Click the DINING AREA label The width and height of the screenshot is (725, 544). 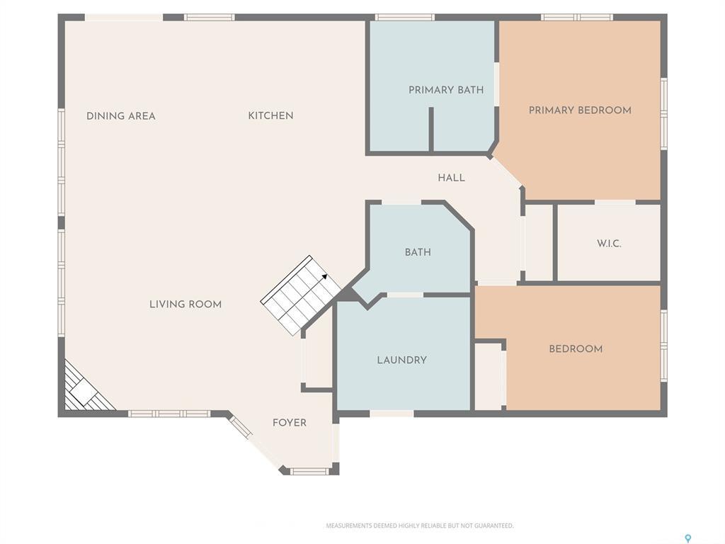(x=121, y=116)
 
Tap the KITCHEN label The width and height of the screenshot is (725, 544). (x=270, y=115)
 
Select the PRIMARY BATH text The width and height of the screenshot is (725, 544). (x=446, y=90)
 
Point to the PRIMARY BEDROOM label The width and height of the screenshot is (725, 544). (x=580, y=110)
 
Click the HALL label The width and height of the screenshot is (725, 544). (x=451, y=178)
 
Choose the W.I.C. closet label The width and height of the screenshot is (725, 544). (x=608, y=244)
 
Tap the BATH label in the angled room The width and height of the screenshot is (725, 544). (x=418, y=252)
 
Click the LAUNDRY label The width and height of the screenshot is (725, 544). (x=401, y=360)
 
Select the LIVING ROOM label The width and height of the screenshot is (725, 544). (x=185, y=305)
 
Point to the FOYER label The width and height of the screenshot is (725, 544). (x=290, y=423)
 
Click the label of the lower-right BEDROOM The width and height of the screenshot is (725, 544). (x=576, y=348)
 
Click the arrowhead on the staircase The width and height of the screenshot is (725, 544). (x=324, y=278)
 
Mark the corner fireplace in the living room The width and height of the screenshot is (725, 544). (x=84, y=390)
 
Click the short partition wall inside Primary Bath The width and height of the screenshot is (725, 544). (x=430, y=130)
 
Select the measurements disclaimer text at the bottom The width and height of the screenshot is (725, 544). (x=419, y=526)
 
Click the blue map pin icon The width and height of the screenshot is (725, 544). (x=687, y=538)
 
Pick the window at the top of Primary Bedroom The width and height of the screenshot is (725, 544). (x=577, y=17)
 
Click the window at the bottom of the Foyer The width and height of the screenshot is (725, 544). (x=309, y=471)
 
